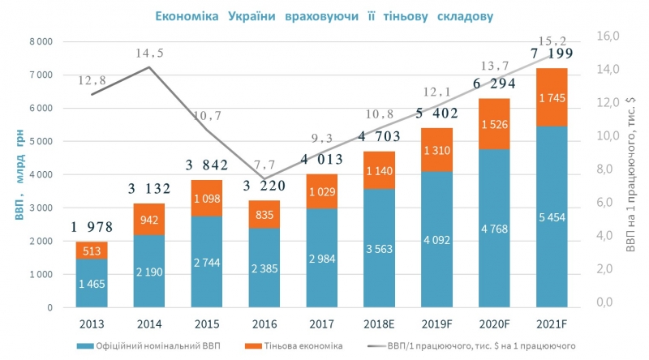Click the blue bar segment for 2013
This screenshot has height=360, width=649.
tap(92, 283)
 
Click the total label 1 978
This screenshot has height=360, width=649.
tap(92, 227)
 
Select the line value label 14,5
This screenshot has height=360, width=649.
tap(150, 53)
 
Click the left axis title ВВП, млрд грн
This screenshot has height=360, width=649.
tap(12, 174)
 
